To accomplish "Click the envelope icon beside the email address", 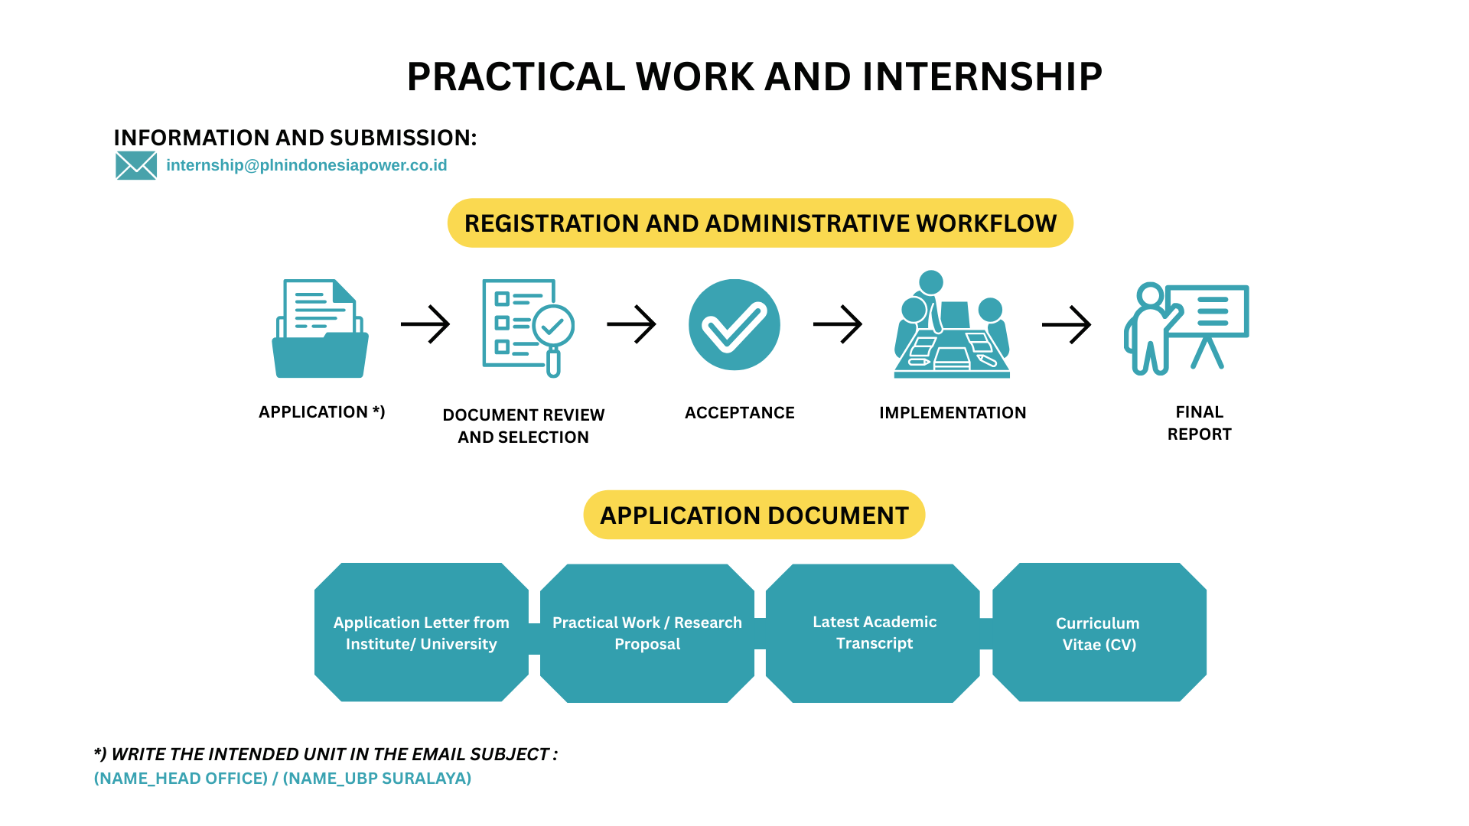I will (136, 165).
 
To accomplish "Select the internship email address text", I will (306, 165).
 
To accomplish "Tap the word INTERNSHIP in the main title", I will (982, 76).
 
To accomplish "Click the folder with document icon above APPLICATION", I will (321, 329).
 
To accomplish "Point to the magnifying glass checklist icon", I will (528, 327).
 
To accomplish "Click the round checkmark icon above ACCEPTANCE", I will (734, 324).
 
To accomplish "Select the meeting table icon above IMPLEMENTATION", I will (952, 326).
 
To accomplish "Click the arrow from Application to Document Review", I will (425, 324).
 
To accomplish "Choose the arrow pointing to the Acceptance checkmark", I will (631, 324).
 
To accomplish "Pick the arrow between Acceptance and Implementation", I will (838, 324).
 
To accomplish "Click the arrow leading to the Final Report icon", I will (1067, 324).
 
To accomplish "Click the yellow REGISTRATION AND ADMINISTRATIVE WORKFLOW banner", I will (760, 223).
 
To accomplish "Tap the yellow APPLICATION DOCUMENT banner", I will (754, 515).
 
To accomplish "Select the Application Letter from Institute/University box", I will (421, 633).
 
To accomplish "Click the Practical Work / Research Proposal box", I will (647, 633).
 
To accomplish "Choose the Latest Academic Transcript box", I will (873, 633).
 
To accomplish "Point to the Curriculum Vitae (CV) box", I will (1099, 633).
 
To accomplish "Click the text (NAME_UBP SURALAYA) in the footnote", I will (377, 779).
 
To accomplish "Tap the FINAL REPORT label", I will (1199, 423).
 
